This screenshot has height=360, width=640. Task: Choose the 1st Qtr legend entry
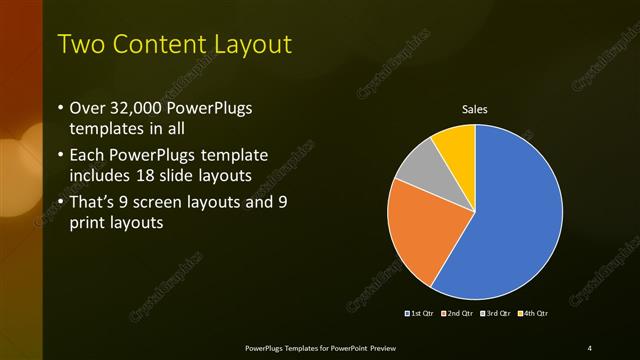[419, 313]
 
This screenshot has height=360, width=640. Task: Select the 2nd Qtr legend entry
[458, 313]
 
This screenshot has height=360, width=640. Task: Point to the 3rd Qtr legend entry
[497, 313]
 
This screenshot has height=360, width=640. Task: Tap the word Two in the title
[79, 45]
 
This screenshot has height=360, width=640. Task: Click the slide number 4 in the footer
[590, 347]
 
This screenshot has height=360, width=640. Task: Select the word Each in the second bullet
[89, 155]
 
